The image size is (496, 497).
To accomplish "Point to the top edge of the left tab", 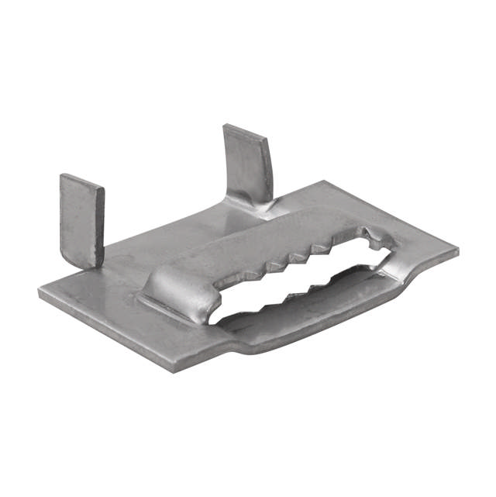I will coord(82,181).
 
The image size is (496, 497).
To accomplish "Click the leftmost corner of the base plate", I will coord(40,294).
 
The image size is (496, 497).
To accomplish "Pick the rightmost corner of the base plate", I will coord(456,253).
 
